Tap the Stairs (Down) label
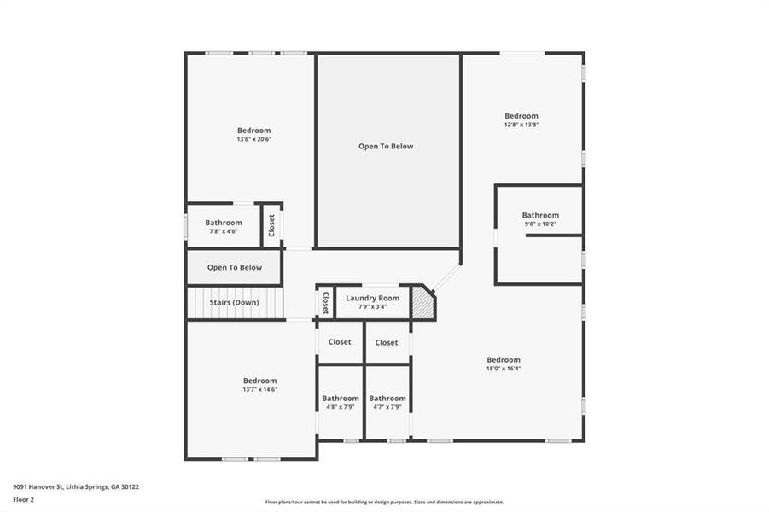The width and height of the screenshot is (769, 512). [234, 302]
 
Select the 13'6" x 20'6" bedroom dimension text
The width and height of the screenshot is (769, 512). [254, 139]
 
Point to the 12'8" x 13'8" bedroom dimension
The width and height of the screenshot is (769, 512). [521, 125]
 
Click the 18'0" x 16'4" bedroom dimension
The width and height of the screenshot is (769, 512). [504, 369]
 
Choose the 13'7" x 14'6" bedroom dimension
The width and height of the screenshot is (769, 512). [259, 389]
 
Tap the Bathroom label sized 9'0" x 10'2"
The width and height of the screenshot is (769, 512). [540, 215]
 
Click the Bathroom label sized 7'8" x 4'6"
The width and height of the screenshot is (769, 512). [224, 223]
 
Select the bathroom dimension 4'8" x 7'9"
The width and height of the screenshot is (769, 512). [341, 407]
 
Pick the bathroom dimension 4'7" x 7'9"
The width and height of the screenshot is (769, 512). [387, 407]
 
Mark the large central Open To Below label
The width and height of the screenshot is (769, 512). [386, 146]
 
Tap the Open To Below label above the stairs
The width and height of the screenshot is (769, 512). [235, 267]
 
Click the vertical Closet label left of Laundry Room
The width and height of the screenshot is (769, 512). [325, 302]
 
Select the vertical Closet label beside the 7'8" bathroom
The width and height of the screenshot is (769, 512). [272, 225]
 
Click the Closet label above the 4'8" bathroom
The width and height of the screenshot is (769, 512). [340, 342]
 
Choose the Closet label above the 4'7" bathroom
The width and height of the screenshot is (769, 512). [387, 342]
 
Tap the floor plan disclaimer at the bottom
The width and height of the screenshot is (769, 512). [384, 503]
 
